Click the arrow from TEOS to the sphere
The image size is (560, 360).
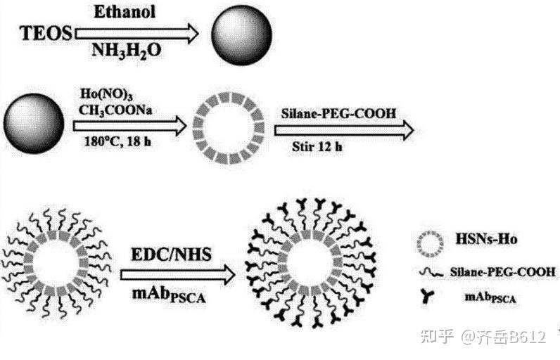point(136,32)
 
